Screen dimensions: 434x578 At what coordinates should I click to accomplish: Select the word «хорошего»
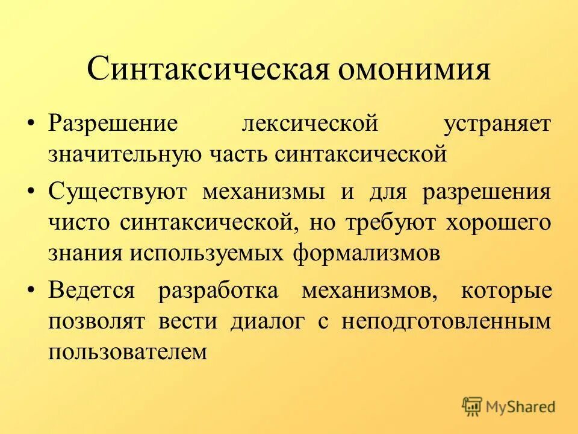coord(498,223)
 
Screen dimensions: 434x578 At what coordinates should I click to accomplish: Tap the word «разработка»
coord(218,291)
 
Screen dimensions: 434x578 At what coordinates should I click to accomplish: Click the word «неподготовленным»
coord(446,321)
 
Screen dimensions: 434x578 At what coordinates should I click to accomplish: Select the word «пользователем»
coord(128,351)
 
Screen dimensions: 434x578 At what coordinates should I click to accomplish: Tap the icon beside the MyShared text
coord(473,406)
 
